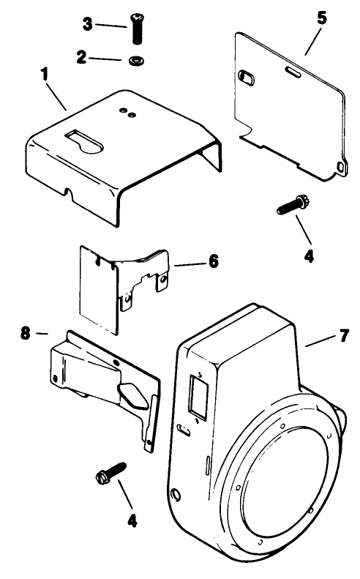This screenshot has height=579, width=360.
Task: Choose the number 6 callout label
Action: [x=213, y=261]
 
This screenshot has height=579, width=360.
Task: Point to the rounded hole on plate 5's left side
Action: [x=246, y=76]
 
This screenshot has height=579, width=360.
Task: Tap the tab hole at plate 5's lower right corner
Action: [x=341, y=168]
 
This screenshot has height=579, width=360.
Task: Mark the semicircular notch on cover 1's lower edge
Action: [x=70, y=193]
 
